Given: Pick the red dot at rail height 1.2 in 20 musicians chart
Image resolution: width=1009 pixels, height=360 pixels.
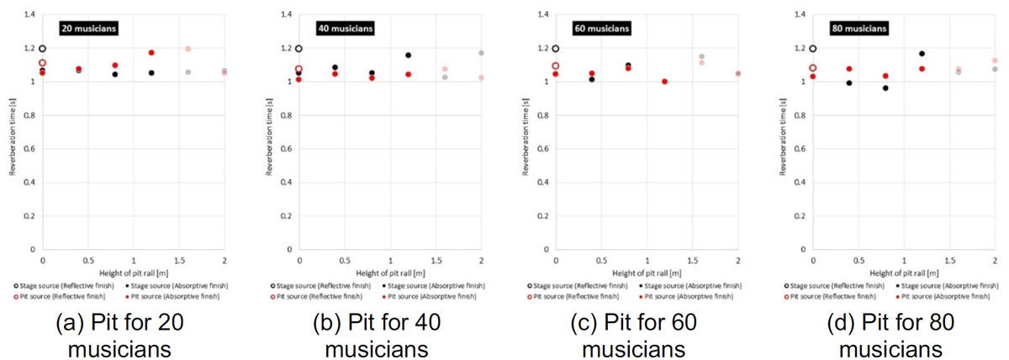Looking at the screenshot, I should (x=151, y=53).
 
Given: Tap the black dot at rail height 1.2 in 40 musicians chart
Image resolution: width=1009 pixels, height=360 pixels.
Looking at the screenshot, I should (x=408, y=56).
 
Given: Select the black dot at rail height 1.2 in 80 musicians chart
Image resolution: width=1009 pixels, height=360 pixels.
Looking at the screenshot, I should (x=922, y=54).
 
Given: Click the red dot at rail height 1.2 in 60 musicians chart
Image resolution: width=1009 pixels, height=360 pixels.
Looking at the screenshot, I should (x=664, y=82).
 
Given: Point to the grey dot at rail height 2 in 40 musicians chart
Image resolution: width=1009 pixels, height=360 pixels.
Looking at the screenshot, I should (x=481, y=53).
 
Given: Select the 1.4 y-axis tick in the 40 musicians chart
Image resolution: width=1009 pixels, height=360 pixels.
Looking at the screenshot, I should (x=286, y=14).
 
